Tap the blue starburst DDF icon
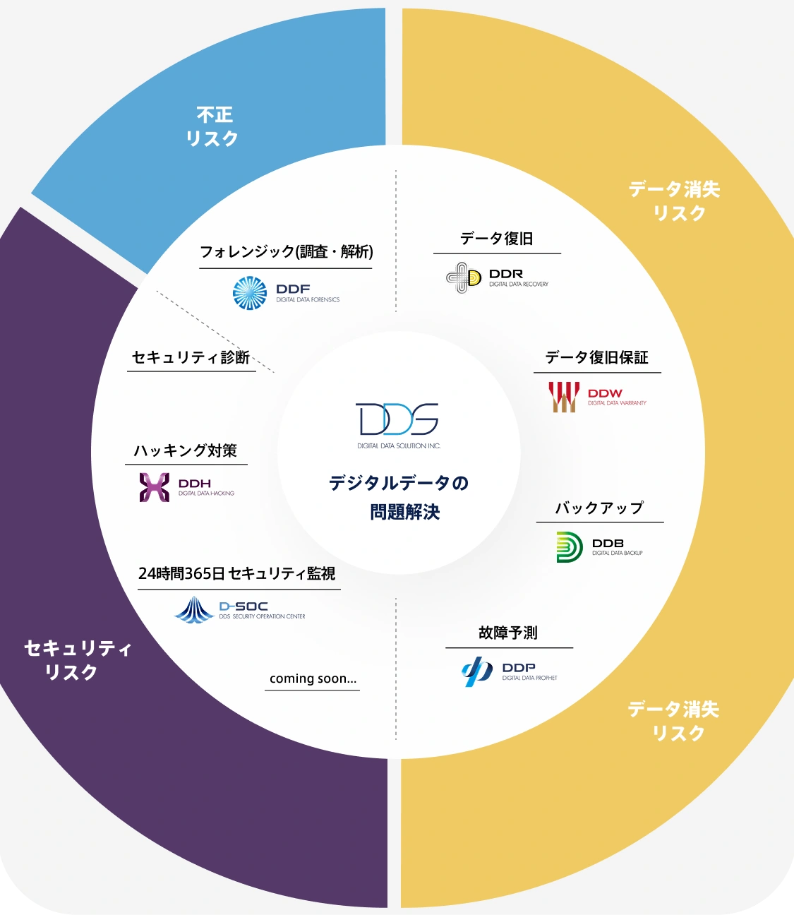pyautogui.click(x=250, y=293)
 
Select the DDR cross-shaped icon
pyautogui.click(x=464, y=277)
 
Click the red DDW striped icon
pyautogui.click(x=564, y=397)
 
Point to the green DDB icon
pyautogui.click(x=570, y=547)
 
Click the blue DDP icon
pyautogui.click(x=477, y=671)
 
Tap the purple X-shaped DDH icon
pyautogui.click(x=155, y=487)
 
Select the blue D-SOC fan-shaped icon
pyautogui.click(x=193, y=609)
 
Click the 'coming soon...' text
pyautogui.click(x=313, y=678)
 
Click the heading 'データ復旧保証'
pyautogui.click(x=597, y=357)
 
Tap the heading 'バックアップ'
pyautogui.click(x=599, y=508)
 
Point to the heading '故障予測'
pyautogui.click(x=508, y=633)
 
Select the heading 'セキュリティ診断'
pyautogui.click(x=191, y=357)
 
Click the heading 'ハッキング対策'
pyautogui.click(x=186, y=450)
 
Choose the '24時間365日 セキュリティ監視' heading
pyautogui.click(x=237, y=573)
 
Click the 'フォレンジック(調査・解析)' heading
pyautogui.click(x=286, y=252)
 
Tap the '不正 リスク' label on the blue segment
pyautogui.click(x=212, y=126)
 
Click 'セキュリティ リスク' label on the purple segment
pyautogui.click(x=77, y=660)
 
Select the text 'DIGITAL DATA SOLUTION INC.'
pyautogui.click(x=399, y=446)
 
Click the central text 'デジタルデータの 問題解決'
pyautogui.click(x=399, y=497)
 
